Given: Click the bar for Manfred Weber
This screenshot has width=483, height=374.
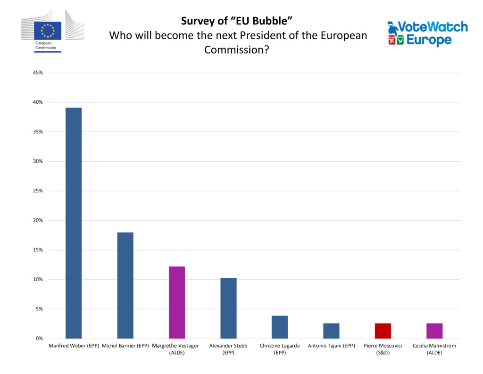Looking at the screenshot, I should (73, 223).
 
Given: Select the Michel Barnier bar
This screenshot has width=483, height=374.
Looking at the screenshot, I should (125, 285).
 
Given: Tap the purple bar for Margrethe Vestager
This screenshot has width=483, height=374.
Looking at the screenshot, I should (176, 302).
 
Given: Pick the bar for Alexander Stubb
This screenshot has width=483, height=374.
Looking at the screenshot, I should (228, 308).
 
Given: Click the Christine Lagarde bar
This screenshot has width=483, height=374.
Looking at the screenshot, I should (280, 327).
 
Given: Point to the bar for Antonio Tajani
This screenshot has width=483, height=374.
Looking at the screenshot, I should (331, 331).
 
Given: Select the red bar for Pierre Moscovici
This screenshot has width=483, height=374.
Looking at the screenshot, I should (383, 331).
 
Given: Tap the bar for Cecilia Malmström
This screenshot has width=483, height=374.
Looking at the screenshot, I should (434, 331).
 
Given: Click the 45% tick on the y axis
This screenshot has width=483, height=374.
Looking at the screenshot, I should (38, 73).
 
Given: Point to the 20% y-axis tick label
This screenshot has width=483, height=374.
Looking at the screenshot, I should (38, 220).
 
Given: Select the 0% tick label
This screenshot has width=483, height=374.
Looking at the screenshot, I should (39, 339).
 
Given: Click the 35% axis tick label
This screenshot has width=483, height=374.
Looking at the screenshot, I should (38, 132).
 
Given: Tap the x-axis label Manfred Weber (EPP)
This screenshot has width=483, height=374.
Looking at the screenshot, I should (74, 346).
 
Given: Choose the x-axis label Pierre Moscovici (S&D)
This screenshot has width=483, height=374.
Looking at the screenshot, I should (383, 349).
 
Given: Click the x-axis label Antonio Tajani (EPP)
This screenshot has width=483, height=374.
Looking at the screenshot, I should (331, 346).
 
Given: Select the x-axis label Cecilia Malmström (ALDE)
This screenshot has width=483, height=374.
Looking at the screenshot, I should (434, 349).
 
